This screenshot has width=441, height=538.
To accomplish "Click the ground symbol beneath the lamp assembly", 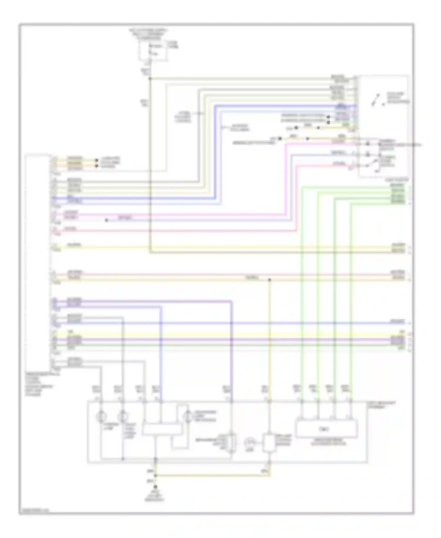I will tap(155, 487).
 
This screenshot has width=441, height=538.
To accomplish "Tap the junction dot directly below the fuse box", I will tap(150, 79).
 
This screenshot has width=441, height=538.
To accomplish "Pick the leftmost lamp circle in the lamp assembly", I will tap(101, 417).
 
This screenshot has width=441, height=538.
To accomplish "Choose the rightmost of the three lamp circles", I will tap(188, 416).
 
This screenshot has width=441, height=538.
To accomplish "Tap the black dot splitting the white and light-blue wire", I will tap(106, 220).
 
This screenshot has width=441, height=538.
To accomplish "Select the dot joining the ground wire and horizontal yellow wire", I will tap(155, 475).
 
